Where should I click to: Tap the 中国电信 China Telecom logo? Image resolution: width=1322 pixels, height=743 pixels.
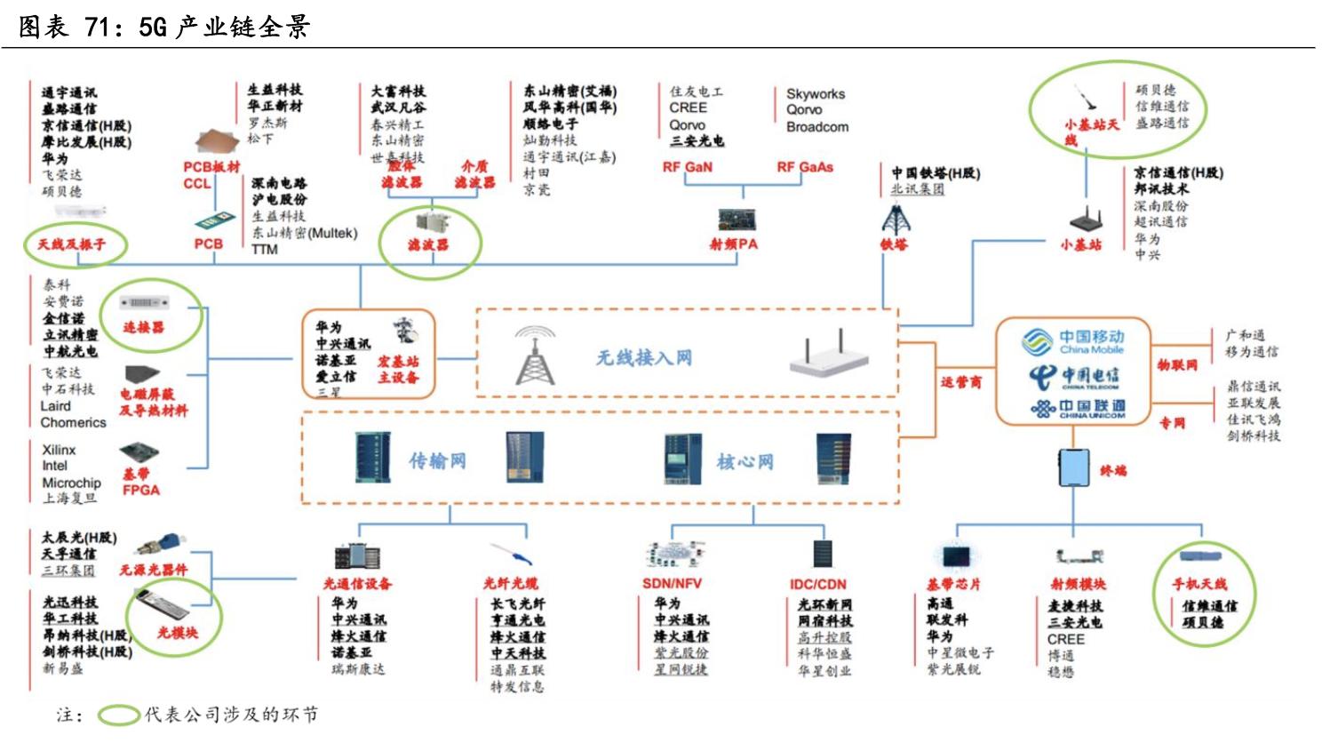click(x=1073, y=378)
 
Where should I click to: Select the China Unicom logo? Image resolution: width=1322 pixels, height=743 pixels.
click(x=1077, y=409)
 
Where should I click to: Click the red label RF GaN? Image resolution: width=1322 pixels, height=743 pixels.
click(x=687, y=167)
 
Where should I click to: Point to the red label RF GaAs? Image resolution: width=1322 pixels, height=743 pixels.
click(x=805, y=167)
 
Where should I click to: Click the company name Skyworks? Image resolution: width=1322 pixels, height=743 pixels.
click(x=815, y=93)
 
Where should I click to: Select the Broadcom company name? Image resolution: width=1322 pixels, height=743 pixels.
click(x=816, y=127)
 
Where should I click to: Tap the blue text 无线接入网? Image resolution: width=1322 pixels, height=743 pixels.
click(x=644, y=358)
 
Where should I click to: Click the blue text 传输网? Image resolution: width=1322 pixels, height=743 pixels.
click(x=437, y=460)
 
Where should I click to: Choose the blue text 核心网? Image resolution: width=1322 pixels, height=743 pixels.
click(x=745, y=461)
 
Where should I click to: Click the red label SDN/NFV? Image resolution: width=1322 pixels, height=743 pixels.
click(x=672, y=584)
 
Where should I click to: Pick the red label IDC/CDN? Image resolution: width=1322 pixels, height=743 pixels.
click(x=817, y=584)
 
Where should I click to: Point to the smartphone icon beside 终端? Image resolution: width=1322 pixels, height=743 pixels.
click(x=1073, y=467)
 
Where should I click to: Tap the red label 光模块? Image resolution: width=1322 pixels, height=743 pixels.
click(x=178, y=633)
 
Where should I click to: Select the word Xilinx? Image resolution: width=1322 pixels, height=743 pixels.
click(x=59, y=450)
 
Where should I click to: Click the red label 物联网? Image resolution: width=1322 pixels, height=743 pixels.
click(x=1177, y=365)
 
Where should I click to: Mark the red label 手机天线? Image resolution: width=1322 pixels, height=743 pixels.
click(x=1199, y=584)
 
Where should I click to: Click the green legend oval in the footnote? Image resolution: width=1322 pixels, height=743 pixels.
click(x=118, y=715)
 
